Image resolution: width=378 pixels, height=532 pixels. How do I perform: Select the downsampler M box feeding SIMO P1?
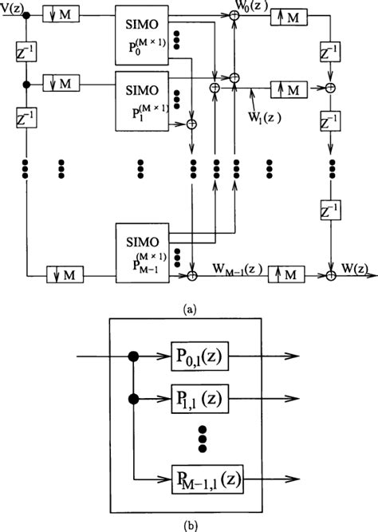click(x=61, y=83)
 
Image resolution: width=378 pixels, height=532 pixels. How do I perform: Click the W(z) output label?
click(x=359, y=268)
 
